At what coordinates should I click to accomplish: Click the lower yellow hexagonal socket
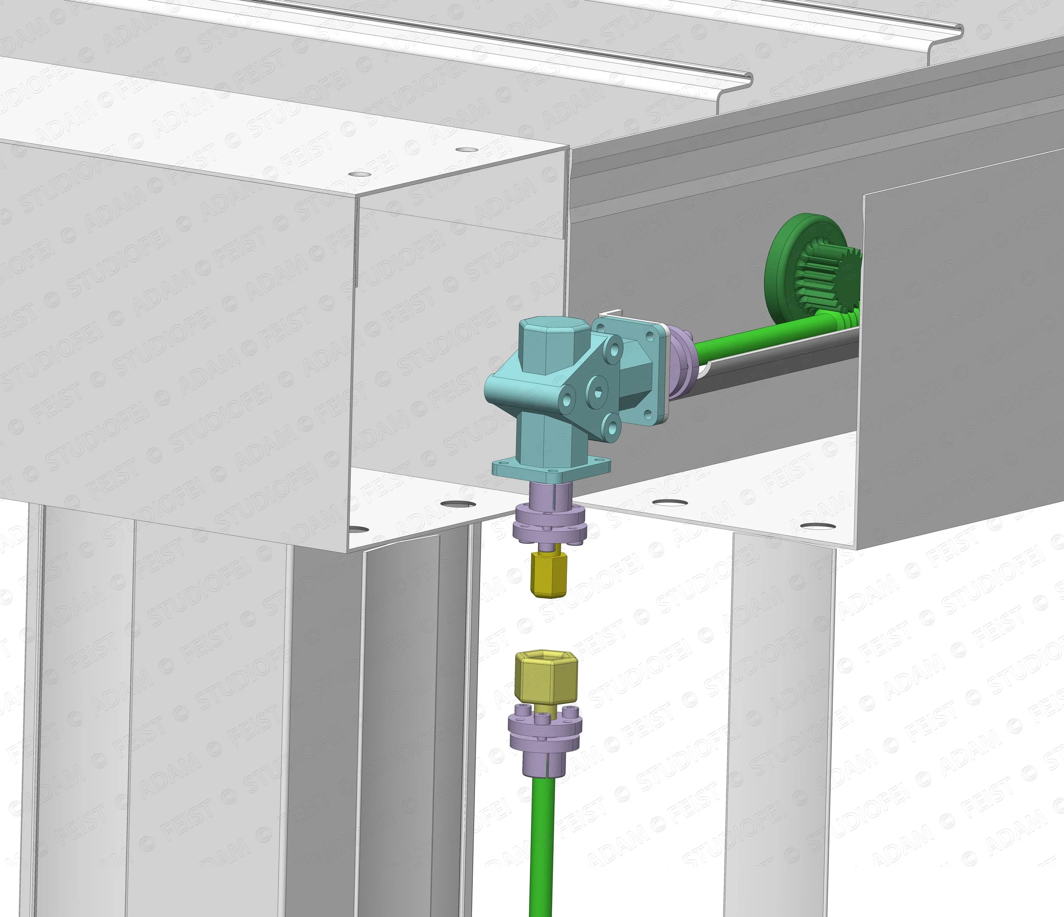546,678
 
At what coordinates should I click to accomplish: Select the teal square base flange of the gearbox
552,466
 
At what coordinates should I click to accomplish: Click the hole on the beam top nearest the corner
466,149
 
